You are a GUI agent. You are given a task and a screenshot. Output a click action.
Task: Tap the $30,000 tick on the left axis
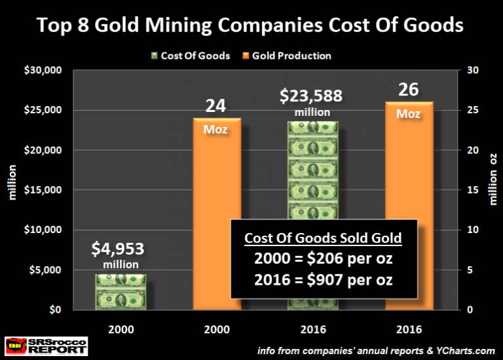tap(41, 70)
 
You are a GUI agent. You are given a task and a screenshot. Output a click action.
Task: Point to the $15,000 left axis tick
tap(41, 190)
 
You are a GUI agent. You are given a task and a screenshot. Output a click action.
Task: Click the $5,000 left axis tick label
tap(44, 270)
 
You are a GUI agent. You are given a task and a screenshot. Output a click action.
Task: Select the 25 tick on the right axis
tap(471, 110)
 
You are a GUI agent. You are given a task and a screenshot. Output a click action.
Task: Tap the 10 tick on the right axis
tap(471, 230)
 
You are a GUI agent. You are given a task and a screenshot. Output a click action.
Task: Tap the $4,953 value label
tap(119, 249)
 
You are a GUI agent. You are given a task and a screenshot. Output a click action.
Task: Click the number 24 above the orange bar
tap(215, 105)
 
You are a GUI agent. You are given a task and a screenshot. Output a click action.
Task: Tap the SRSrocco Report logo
tap(46, 346)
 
